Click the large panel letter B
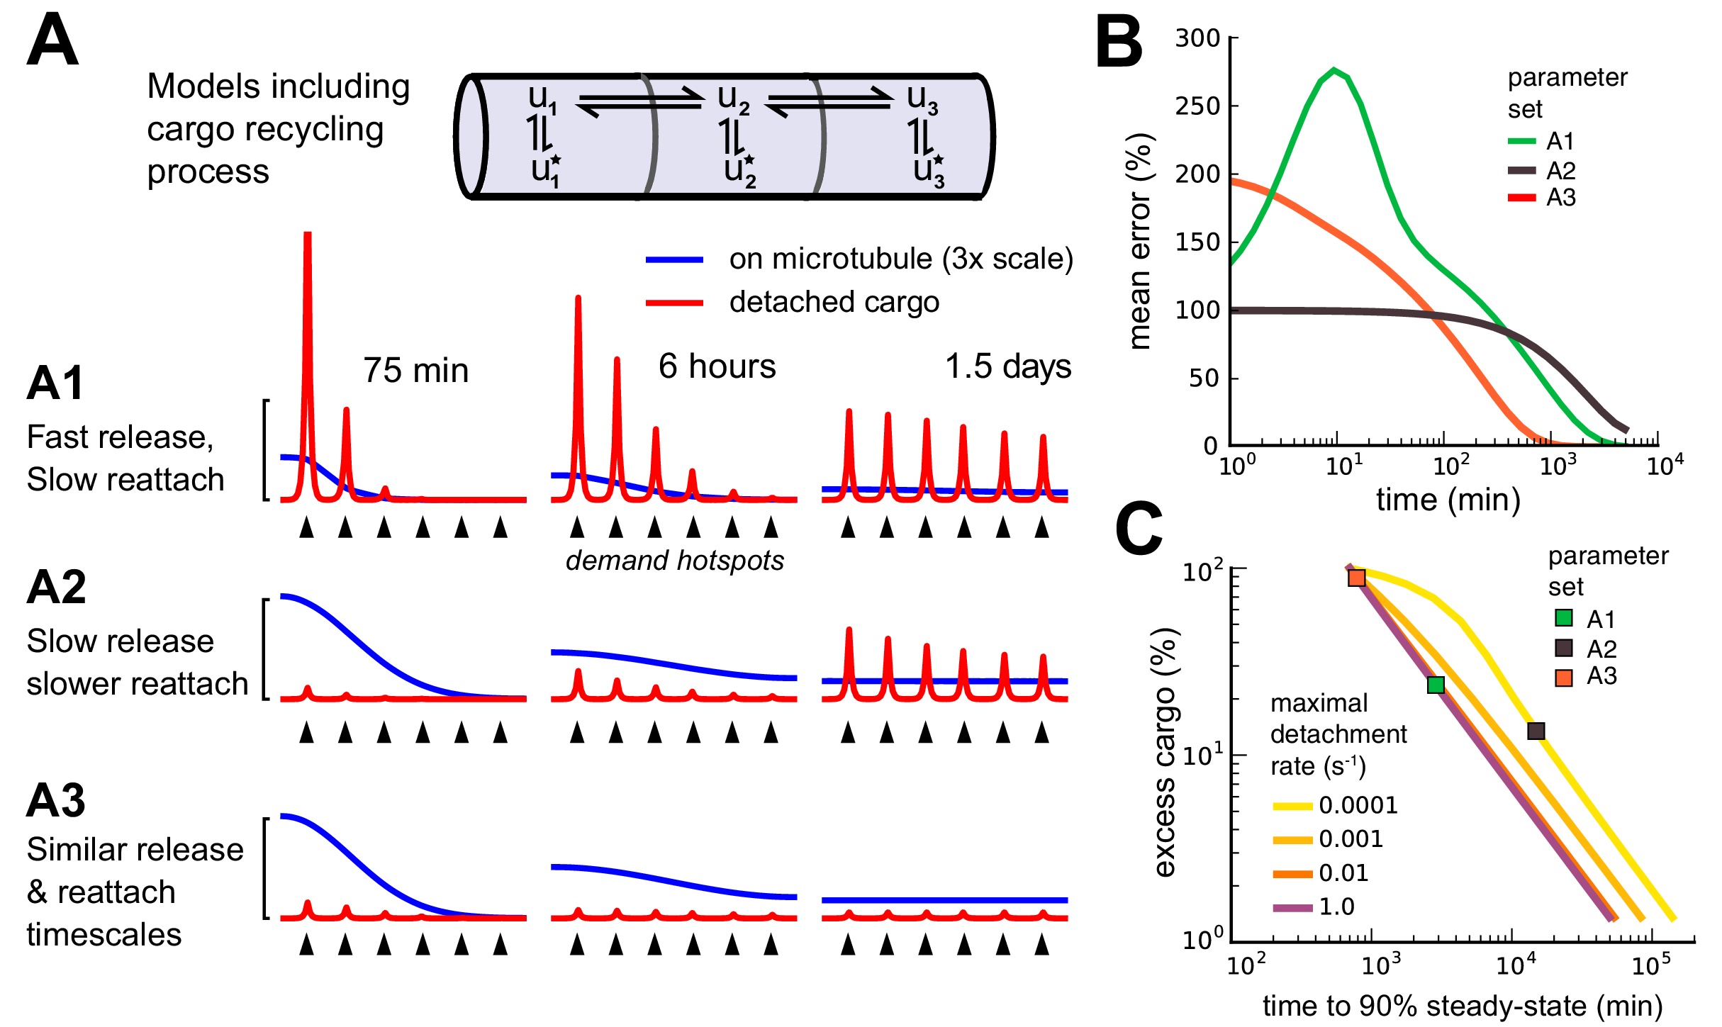coord(1119,43)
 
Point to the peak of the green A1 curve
coord(1334,70)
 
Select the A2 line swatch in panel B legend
coord(1521,170)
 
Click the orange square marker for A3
coord(1356,578)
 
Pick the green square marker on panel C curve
coord(1436,685)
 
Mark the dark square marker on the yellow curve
coord(1536,731)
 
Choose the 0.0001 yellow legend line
coord(1292,806)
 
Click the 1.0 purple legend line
coord(1292,907)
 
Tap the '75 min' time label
coord(416,371)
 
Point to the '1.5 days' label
coord(1008,366)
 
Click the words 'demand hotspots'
coord(674,561)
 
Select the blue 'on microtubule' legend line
coord(674,260)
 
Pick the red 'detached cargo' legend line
coord(674,303)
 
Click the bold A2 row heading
coord(56,588)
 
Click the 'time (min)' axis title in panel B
coord(1448,500)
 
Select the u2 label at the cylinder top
coord(733,99)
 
